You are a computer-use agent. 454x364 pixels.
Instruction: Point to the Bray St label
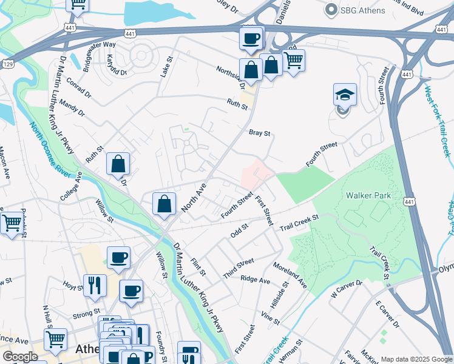coord(259,132)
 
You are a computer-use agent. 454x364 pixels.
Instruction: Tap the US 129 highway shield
coord(6,63)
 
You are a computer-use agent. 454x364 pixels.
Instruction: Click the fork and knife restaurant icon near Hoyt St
coord(95,285)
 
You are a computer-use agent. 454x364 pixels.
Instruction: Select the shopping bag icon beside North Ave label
coord(164,204)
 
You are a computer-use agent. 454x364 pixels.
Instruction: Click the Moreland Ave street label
coord(290,275)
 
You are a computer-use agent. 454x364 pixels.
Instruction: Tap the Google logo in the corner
coord(20,357)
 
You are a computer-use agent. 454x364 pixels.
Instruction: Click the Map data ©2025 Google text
coord(416,359)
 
